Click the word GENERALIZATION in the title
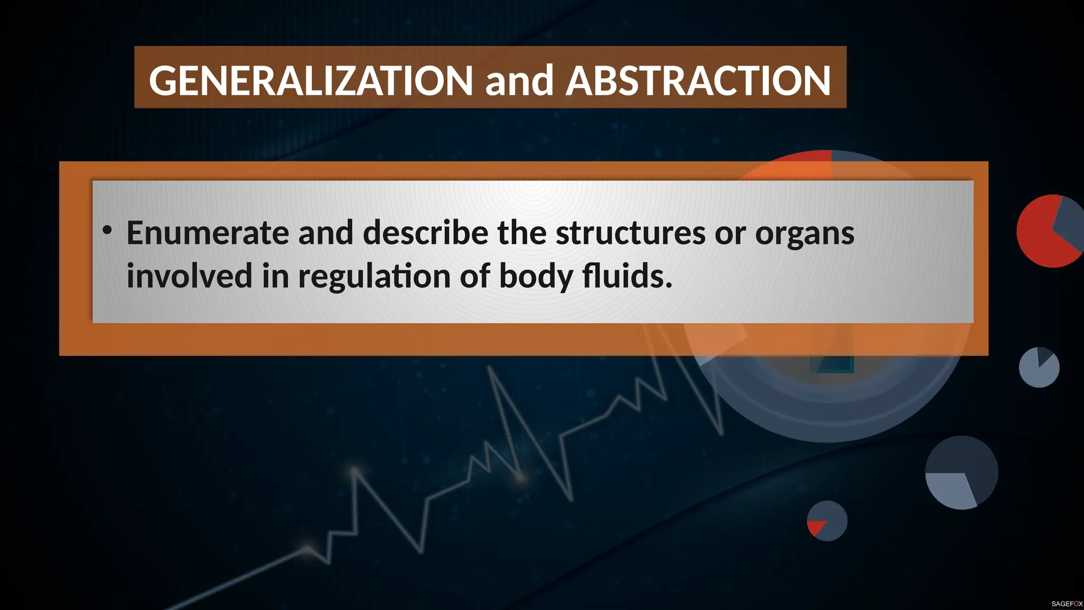tap(311, 80)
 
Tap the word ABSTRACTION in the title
tap(698, 80)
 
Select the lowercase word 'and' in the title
tap(519, 80)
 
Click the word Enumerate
tap(207, 232)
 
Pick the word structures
tap(630, 232)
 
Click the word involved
tap(189, 276)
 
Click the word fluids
tap(627, 276)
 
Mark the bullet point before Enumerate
tap(107, 230)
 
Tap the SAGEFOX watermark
tap(1067, 604)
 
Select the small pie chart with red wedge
tap(827, 521)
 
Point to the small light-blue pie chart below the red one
tap(1038, 367)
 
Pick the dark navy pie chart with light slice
tap(961, 472)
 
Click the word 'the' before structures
tap(521, 232)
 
